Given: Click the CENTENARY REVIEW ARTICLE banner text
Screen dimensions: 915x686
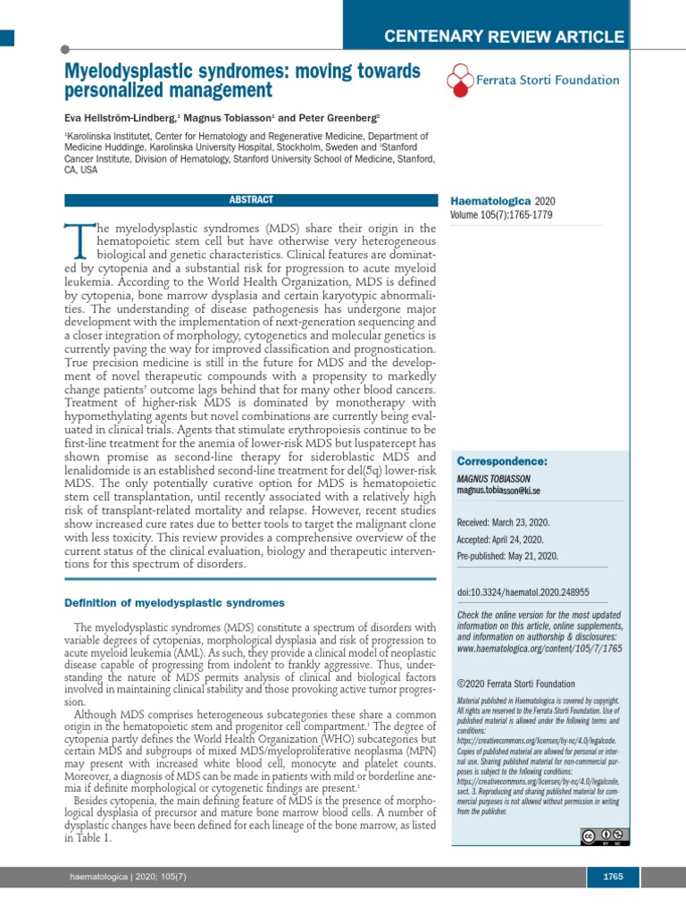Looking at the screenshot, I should [503, 37].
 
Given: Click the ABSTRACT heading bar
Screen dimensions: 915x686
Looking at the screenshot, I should [251, 200].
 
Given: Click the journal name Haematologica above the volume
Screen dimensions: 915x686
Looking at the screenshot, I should [489, 201].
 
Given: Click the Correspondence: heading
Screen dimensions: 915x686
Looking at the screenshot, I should [501, 461].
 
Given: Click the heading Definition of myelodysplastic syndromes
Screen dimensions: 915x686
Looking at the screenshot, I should [174, 603].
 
